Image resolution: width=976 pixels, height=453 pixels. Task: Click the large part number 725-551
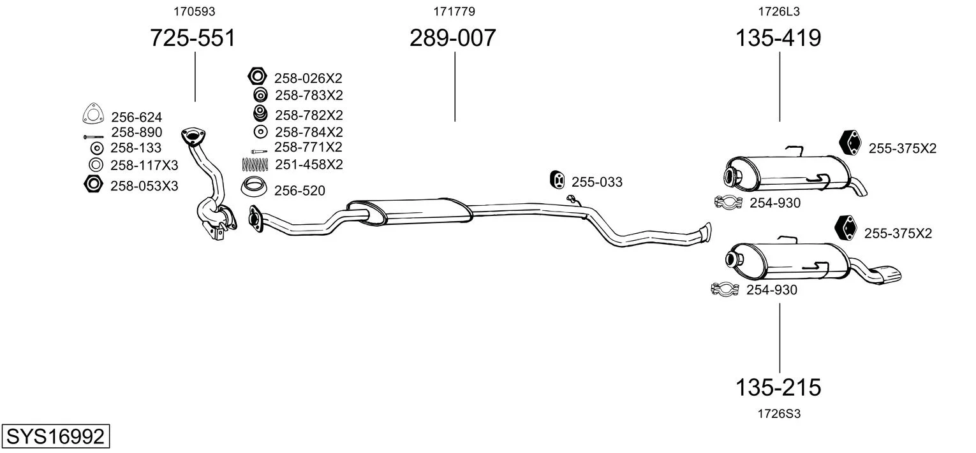[193, 38]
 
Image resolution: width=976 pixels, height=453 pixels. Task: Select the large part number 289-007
[453, 38]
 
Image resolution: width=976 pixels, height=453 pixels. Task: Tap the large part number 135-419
[778, 38]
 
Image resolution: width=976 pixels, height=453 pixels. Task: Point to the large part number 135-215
[778, 387]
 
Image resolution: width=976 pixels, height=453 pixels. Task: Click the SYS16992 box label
[55, 436]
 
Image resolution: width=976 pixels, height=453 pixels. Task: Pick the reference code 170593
[195, 11]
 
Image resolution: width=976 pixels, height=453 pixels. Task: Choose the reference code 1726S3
[779, 413]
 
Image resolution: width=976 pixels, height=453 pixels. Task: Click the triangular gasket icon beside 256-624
[93, 113]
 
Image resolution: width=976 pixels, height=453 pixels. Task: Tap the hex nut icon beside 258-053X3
[93, 184]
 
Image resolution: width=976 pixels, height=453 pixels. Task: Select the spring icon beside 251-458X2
[255, 164]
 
